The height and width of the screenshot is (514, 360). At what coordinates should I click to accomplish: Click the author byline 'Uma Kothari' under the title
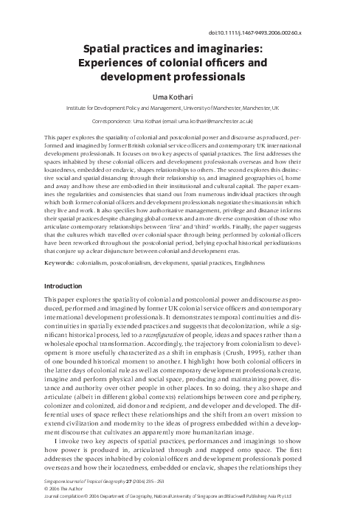179,94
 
